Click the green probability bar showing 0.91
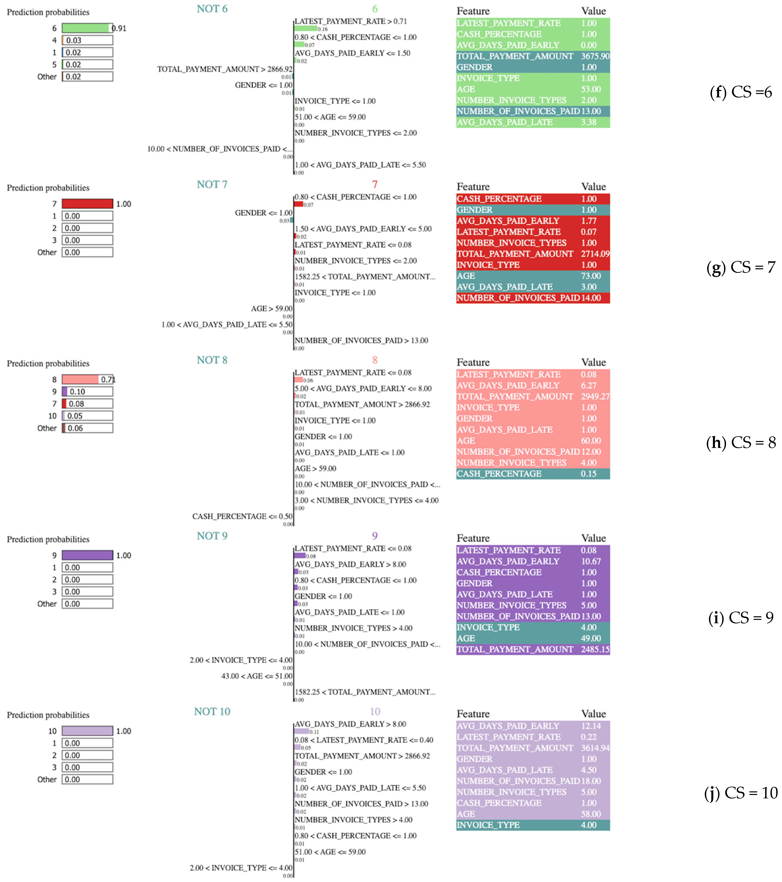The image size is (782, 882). coord(86,28)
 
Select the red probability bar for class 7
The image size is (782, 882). coord(87,204)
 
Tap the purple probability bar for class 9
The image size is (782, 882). coord(87,555)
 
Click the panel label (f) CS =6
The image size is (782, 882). coord(741,92)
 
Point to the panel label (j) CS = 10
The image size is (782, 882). coord(741,793)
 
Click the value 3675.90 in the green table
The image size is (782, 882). coord(595,56)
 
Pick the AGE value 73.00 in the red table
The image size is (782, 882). coord(591,276)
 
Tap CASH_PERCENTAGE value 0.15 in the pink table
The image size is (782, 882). coord(588,474)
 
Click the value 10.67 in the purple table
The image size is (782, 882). coord(591,561)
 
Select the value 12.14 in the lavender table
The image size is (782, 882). coord(591,726)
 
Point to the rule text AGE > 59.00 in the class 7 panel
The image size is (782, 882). coord(272,309)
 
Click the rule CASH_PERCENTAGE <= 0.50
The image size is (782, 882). coord(242,516)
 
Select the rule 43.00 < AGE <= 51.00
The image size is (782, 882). coord(256,676)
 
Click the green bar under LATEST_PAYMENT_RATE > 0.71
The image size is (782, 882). coord(305,29)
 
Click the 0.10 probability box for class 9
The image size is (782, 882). coord(87,391)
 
